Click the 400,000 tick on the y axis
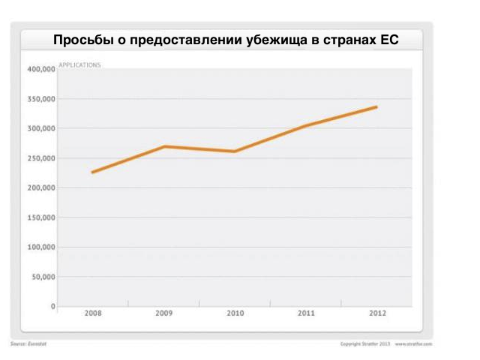[41, 70]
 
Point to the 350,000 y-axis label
[41, 99]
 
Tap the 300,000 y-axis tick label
[41, 129]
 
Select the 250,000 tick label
[41, 158]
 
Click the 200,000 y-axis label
[41, 188]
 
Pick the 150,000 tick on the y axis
[41, 217]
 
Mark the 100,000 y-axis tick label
[41, 247]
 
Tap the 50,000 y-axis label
[43, 277]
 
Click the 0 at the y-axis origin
[52, 306]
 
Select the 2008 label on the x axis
[92, 313]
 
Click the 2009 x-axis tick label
[163, 313]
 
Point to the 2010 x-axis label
[235, 313]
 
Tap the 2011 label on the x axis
[306, 313]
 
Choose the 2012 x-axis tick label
[377, 313]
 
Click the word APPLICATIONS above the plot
[79, 65]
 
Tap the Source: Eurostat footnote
[28, 343]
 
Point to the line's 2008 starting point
[92, 172]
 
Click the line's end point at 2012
[376, 106]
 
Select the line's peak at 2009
[163, 146]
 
